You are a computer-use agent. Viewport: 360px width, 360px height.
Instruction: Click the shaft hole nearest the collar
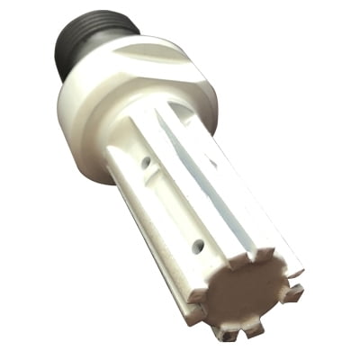coord(146,164)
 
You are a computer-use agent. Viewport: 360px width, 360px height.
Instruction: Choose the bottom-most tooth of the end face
coord(229,334)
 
